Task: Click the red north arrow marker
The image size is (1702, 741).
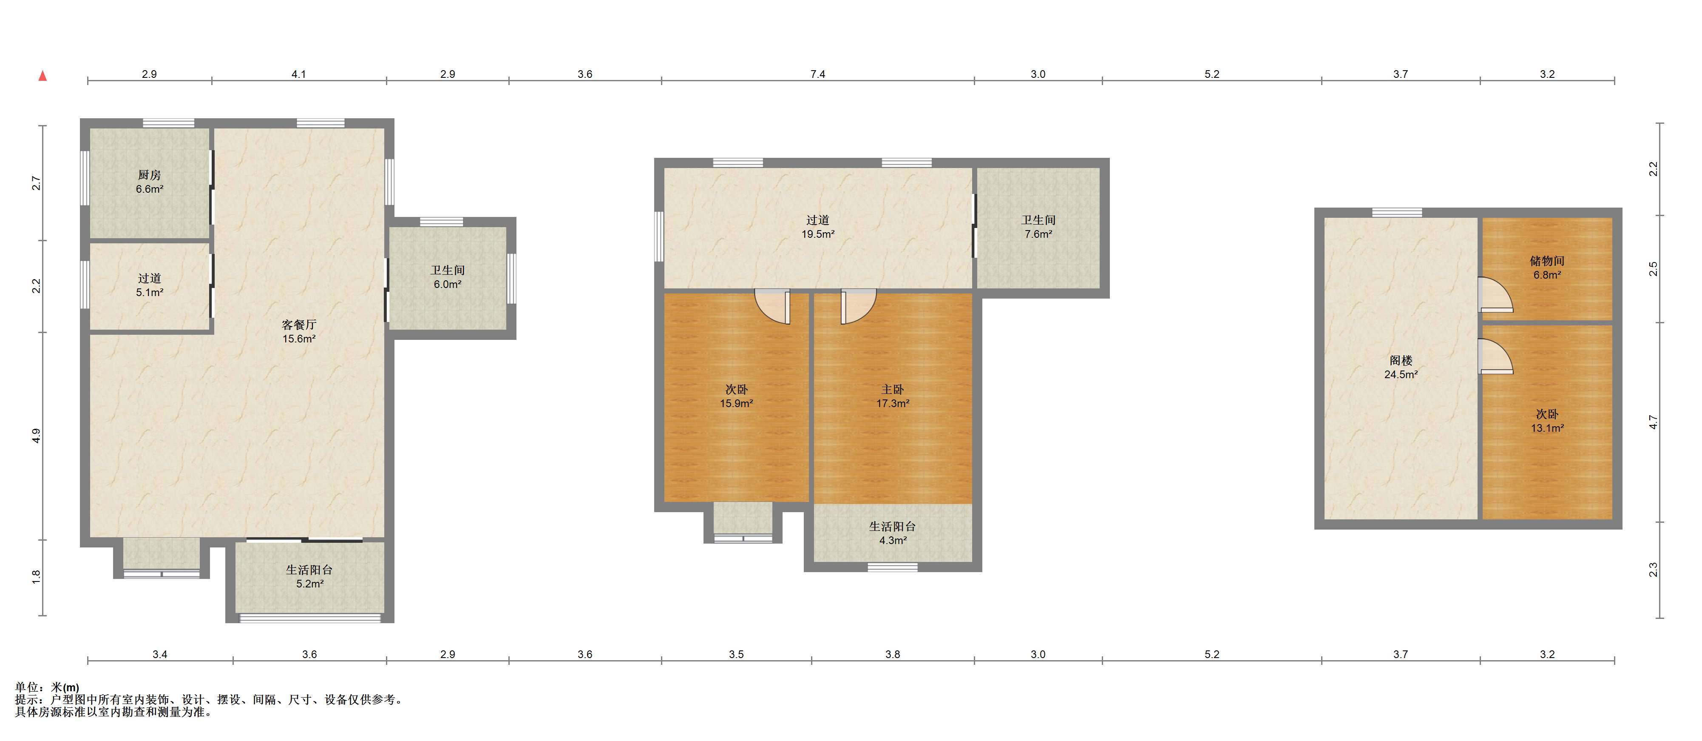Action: pyautogui.click(x=43, y=75)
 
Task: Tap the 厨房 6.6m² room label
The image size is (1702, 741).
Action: pyautogui.click(x=149, y=182)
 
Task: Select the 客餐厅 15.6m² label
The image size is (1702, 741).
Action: pyautogui.click(x=299, y=332)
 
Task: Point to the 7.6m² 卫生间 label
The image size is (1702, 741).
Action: pyautogui.click(x=1038, y=227)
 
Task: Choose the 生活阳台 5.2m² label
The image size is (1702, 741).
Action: pyautogui.click(x=309, y=576)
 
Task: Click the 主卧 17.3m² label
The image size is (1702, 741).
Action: pyautogui.click(x=893, y=396)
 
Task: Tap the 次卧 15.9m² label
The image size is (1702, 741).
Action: pyautogui.click(x=736, y=396)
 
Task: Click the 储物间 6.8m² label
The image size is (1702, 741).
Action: pyautogui.click(x=1547, y=268)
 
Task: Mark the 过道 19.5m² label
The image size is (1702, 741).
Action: pyautogui.click(x=817, y=227)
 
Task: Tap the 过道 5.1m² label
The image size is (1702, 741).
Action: pyautogui.click(x=149, y=285)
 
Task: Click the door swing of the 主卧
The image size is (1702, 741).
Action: pyautogui.click(x=858, y=307)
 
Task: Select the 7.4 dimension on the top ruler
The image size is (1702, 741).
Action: pyautogui.click(x=817, y=74)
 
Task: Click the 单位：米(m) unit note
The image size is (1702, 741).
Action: pyautogui.click(x=47, y=687)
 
